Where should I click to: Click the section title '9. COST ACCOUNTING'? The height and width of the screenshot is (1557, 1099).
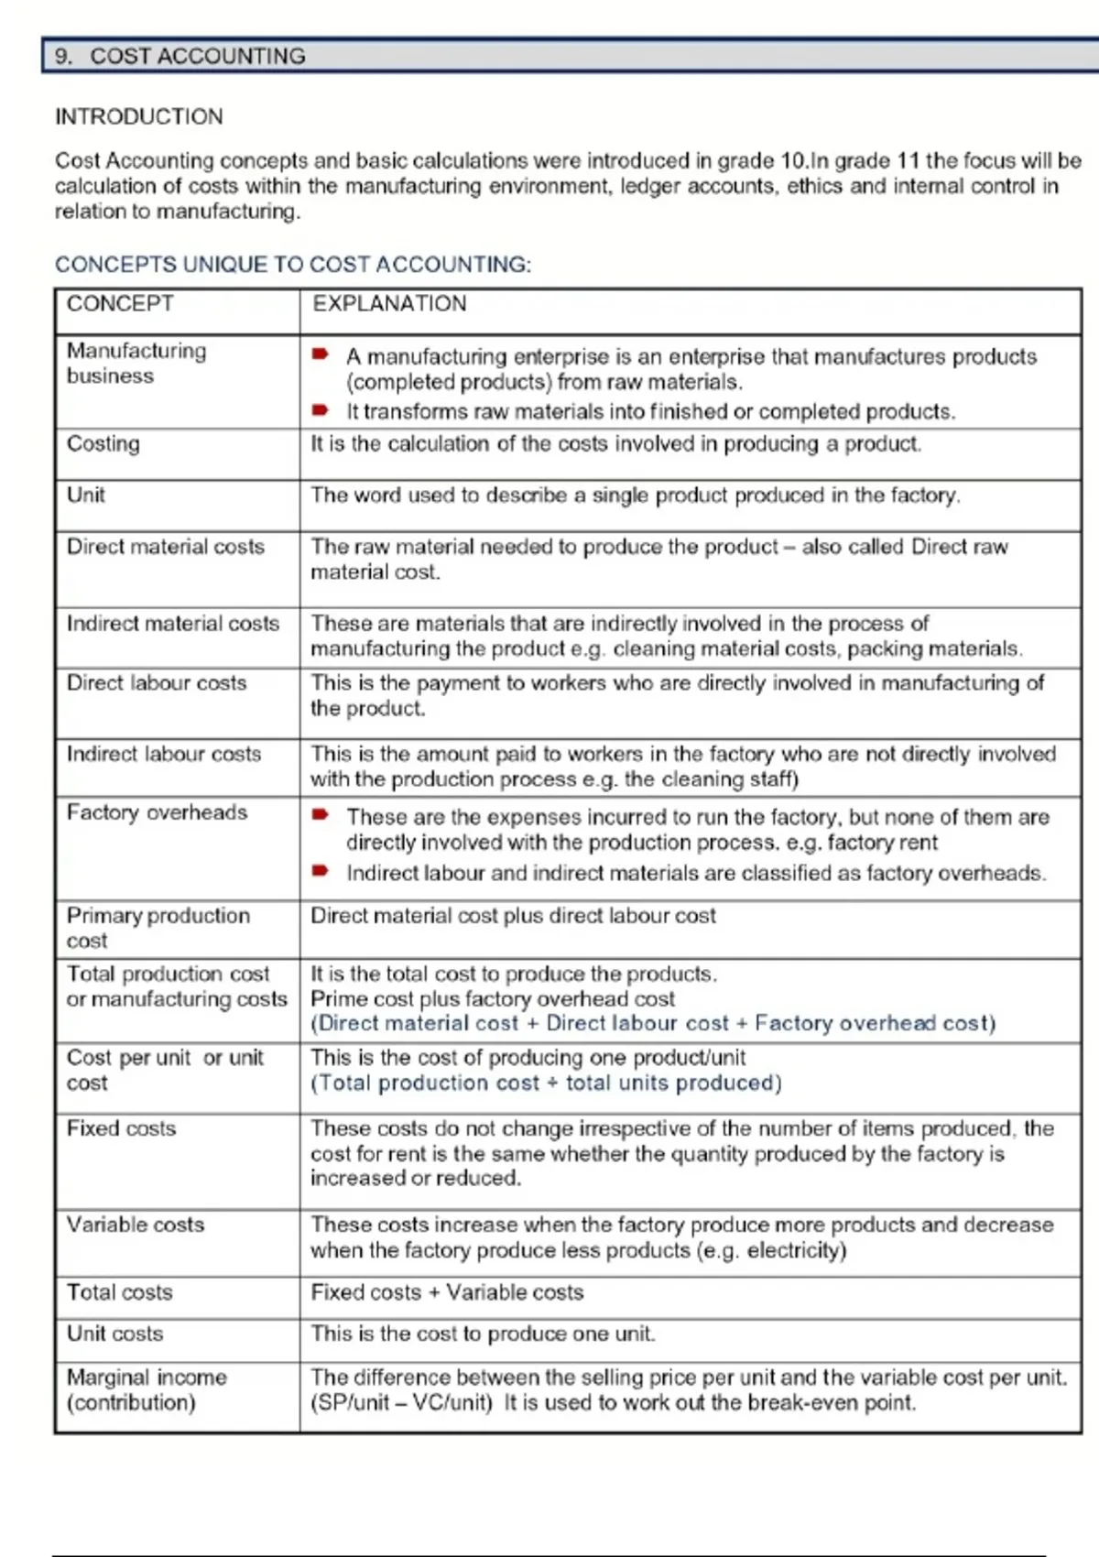(180, 56)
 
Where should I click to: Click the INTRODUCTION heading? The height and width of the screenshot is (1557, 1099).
(138, 116)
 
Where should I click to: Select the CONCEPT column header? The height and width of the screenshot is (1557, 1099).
(120, 303)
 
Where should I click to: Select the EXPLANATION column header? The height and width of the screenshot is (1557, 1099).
(389, 303)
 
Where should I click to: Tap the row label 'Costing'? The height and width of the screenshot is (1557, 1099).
(103, 443)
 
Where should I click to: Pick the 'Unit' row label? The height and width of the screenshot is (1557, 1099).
(86, 495)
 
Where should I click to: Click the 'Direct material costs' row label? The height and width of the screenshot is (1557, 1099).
(166, 547)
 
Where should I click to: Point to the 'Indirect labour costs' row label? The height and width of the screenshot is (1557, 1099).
(164, 754)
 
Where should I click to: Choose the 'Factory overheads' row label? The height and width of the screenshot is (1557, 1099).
(157, 812)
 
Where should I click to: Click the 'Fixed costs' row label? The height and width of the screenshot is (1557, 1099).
(121, 1128)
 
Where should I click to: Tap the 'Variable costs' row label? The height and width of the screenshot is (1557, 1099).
(136, 1225)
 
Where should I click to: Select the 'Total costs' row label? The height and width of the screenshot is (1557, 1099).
(119, 1292)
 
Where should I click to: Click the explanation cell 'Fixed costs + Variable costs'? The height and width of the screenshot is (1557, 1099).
(447, 1292)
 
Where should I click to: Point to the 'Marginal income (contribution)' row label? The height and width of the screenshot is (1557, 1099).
(147, 1389)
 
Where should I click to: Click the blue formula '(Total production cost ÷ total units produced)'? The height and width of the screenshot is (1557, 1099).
(546, 1083)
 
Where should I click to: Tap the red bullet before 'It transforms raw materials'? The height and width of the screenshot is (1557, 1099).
(320, 409)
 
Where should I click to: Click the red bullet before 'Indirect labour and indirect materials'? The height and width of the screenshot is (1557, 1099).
(320, 871)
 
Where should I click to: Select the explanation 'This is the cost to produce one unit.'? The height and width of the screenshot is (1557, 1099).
(483, 1334)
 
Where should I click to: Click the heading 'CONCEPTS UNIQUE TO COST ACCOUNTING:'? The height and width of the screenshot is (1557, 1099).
(292, 265)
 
